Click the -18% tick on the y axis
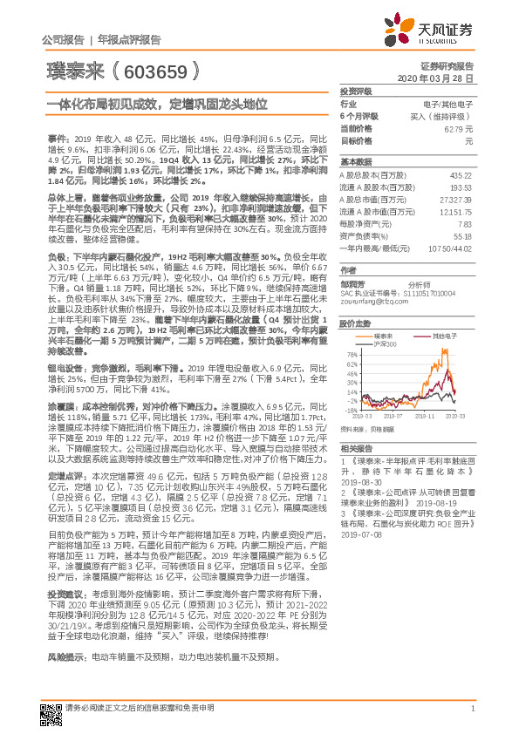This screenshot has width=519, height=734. [x=350, y=409]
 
